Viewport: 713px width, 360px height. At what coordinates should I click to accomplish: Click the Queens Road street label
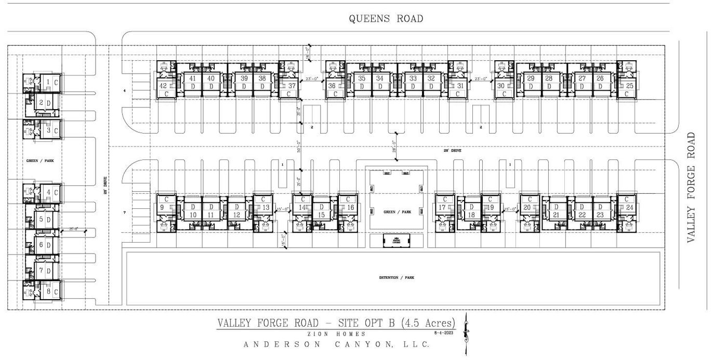click(386, 19)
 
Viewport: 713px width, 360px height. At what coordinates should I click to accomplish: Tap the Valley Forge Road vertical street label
click(691, 187)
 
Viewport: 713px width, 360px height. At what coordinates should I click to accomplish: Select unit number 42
click(163, 86)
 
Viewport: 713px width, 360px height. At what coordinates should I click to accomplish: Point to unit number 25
click(629, 86)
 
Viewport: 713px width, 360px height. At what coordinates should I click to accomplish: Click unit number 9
click(162, 207)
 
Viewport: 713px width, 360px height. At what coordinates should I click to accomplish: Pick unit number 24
click(630, 207)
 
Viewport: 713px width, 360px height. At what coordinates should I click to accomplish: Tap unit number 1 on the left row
click(48, 82)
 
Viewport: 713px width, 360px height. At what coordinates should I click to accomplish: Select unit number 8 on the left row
click(48, 291)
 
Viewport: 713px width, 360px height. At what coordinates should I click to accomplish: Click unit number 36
click(332, 86)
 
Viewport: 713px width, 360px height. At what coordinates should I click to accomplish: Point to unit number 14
click(302, 207)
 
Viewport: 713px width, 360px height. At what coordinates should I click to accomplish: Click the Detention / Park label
click(396, 278)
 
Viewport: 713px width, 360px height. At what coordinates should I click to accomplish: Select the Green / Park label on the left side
click(40, 161)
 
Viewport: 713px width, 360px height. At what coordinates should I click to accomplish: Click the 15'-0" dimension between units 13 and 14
click(283, 209)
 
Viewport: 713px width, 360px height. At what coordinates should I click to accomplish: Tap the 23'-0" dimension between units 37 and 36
click(311, 79)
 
